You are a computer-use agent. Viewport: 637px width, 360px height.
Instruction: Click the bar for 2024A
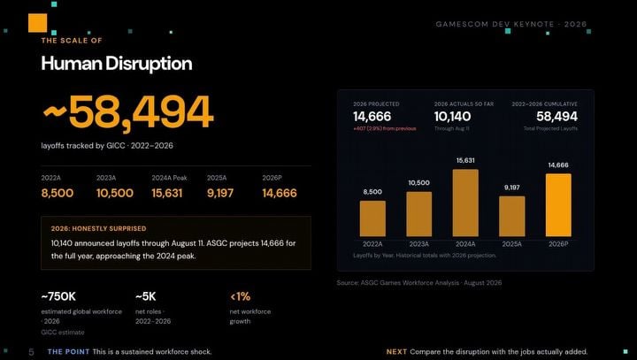465,203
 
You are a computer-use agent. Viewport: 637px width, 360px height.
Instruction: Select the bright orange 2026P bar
558,205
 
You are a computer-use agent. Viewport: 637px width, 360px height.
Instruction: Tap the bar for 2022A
372,218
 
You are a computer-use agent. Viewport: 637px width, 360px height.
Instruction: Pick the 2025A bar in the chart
512,217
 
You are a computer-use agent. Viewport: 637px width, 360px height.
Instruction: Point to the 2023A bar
418,214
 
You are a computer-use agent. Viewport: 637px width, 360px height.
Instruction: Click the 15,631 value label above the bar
465,160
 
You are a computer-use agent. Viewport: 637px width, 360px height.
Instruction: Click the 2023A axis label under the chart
418,244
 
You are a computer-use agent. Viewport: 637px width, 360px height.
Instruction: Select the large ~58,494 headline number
127,112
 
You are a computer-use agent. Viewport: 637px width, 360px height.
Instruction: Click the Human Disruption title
117,64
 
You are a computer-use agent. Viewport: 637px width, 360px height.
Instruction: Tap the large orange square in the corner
38,23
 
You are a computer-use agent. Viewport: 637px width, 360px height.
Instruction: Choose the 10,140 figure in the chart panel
453,117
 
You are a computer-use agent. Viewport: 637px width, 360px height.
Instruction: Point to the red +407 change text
384,128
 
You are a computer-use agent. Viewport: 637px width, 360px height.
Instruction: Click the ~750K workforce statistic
58,296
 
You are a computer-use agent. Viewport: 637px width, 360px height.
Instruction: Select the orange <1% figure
240,296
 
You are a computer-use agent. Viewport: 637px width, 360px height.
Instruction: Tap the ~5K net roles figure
145,296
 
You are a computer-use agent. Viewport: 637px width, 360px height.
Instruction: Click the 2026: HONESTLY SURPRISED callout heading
99,229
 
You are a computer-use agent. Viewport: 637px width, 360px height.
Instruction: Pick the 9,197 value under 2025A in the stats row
220,193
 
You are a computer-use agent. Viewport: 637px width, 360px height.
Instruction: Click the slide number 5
31,352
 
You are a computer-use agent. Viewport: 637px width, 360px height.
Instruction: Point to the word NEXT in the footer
396,352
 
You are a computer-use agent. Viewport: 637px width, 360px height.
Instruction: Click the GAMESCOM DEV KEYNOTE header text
511,24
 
